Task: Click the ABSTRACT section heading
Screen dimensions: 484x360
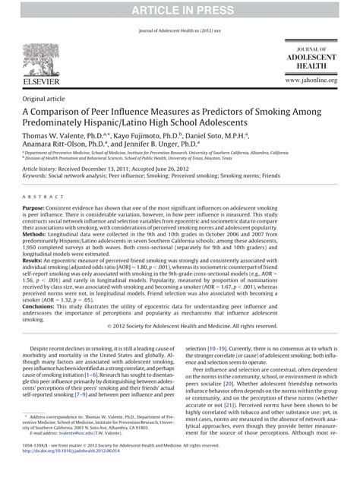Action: point(39,195)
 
